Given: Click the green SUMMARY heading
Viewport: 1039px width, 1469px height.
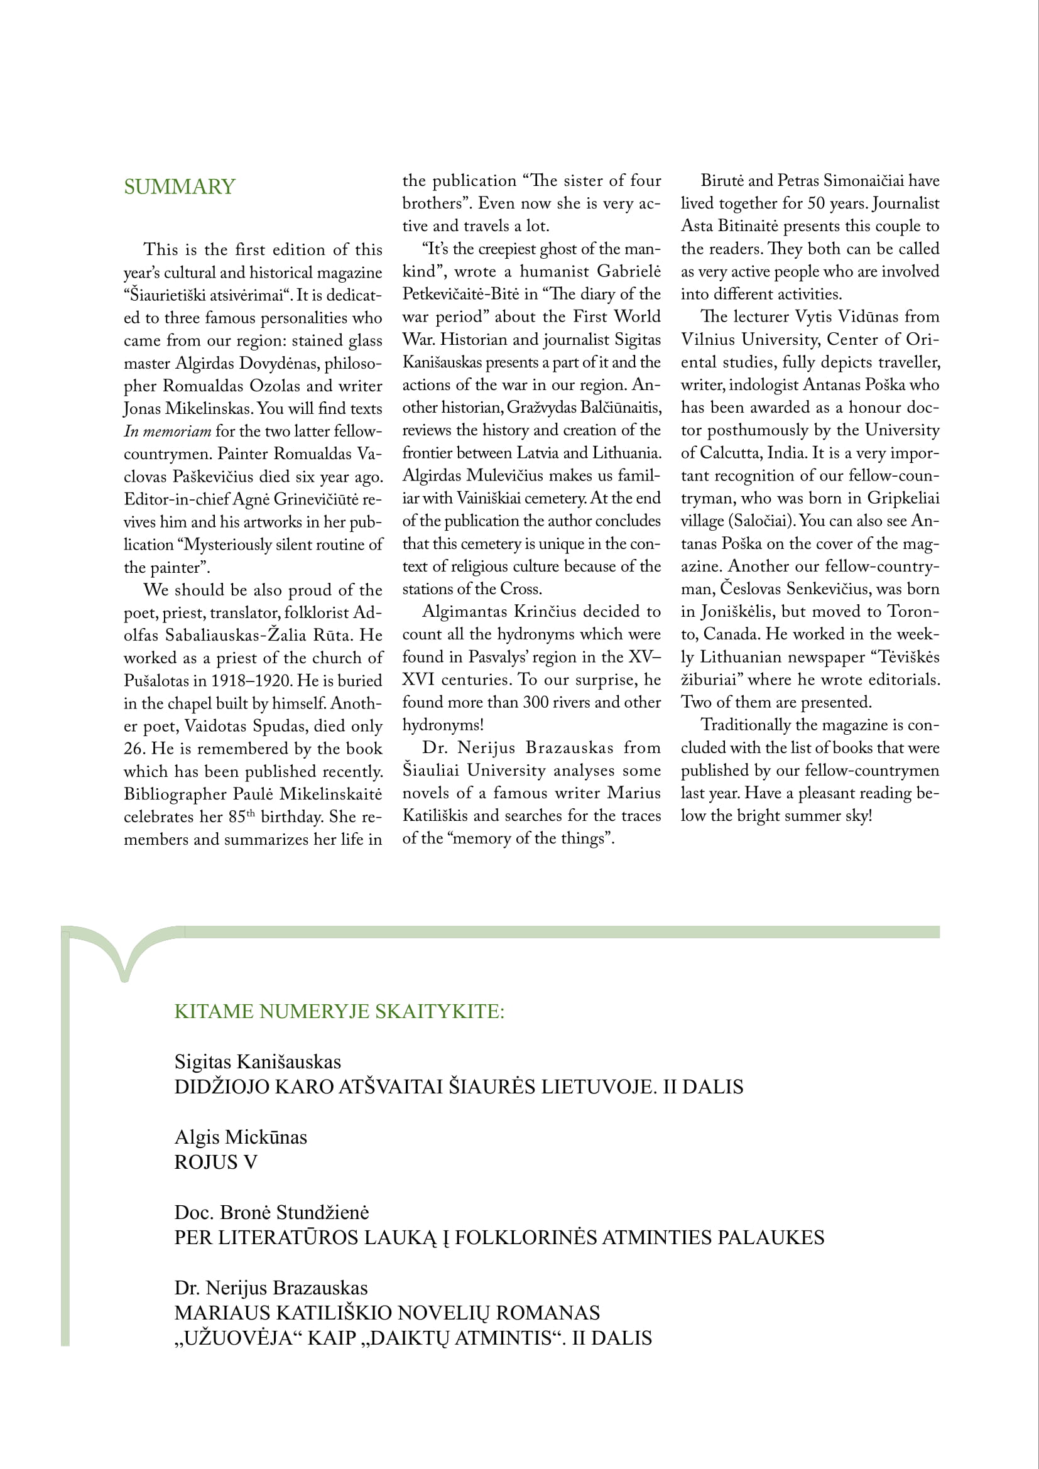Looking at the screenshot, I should point(179,187).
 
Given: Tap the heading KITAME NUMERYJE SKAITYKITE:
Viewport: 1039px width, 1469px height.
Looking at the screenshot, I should point(339,1011).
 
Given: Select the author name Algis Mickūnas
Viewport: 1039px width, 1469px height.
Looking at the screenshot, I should point(241,1137).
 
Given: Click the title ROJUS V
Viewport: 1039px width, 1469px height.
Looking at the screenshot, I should point(215,1162).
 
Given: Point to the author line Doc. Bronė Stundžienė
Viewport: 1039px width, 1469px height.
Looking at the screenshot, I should point(271,1212).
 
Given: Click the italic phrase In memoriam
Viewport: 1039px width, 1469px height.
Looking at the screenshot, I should point(167,431).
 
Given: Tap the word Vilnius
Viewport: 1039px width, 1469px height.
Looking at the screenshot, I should point(707,340).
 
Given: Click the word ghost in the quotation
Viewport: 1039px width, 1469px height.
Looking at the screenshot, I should point(559,249).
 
